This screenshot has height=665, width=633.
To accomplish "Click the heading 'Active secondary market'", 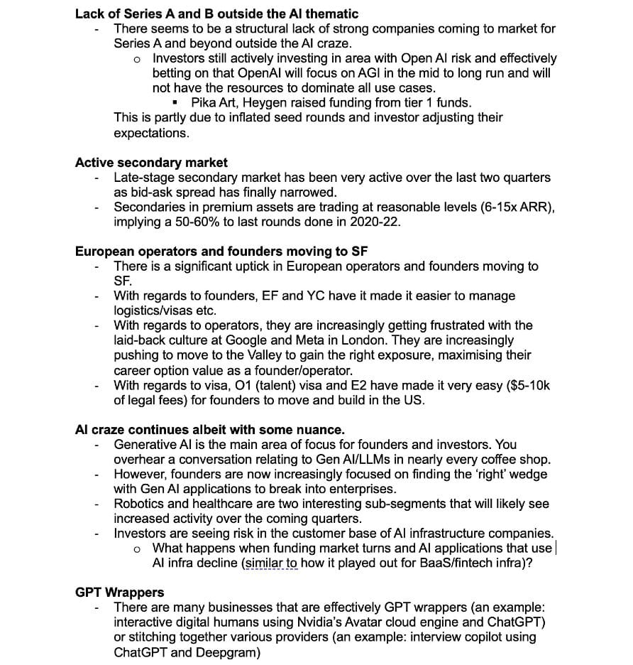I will coord(151,163).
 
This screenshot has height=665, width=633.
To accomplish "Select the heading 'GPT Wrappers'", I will coord(119,592).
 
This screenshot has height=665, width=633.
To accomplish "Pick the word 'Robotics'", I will coord(139,504).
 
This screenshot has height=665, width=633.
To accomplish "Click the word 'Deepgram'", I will coord(233,652).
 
